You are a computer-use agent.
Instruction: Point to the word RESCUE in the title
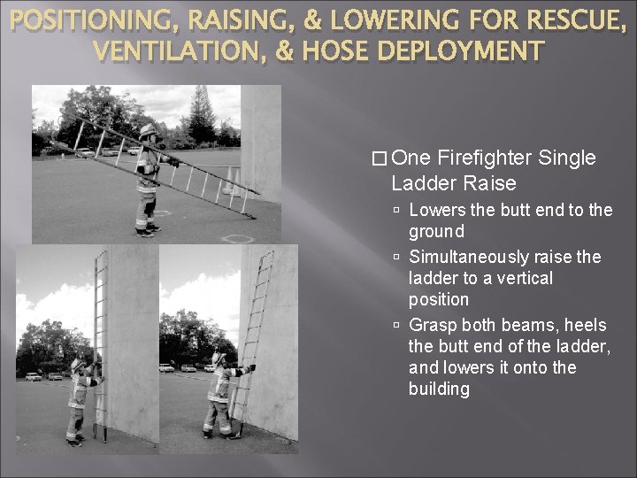[x=579, y=20]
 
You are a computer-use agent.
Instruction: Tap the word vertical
[x=528, y=278]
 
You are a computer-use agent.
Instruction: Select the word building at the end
[x=439, y=389]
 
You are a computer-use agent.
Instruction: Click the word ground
[x=436, y=231]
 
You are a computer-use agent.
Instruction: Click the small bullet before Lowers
[x=398, y=211]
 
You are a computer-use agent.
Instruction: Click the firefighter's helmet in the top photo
[x=148, y=132]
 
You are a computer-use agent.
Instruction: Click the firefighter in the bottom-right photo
[x=217, y=394]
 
